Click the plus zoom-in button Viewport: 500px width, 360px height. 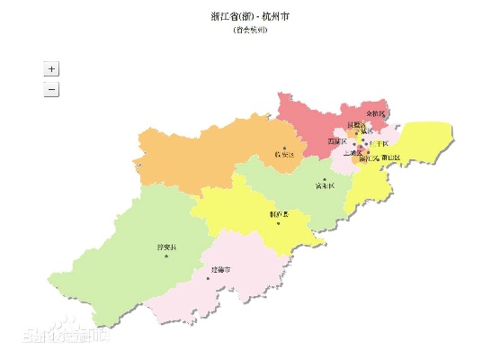(x=51, y=68)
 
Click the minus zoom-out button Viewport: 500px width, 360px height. (x=51, y=89)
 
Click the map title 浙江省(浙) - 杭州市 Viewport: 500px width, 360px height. (x=249, y=16)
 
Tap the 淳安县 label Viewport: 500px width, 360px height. (x=167, y=246)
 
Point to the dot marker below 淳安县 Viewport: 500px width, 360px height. (x=166, y=256)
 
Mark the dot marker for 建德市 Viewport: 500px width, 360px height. (x=209, y=278)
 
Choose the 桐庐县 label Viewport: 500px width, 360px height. (x=279, y=214)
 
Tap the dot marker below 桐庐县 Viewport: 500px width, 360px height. (x=279, y=224)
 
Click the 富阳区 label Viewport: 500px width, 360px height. (x=325, y=186)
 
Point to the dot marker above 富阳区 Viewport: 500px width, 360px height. (x=325, y=178)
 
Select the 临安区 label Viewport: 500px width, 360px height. (x=284, y=155)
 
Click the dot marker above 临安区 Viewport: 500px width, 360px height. (x=284, y=147)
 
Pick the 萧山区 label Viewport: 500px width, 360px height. (x=390, y=157)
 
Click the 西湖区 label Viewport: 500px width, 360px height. (x=336, y=141)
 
